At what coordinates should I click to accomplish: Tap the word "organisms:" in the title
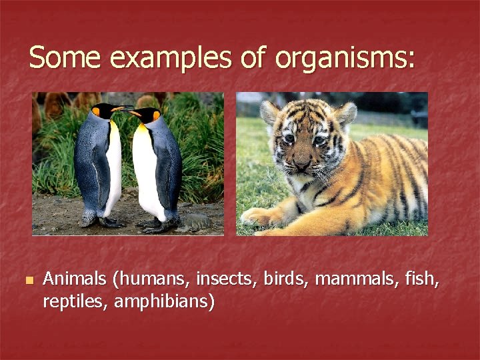pos(344,59)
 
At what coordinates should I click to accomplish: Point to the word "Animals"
pos(74,279)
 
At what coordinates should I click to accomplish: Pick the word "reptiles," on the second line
pos(75,301)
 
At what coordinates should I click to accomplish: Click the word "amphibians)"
pos(165,302)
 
